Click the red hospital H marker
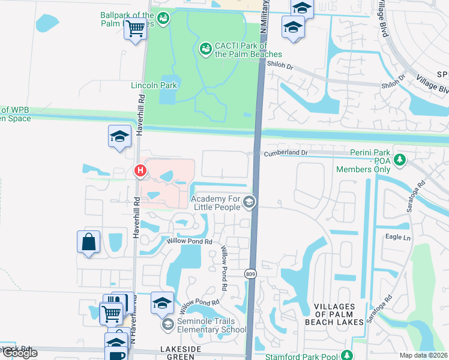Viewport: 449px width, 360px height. point(140,172)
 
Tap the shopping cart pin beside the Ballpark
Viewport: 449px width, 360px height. point(136,27)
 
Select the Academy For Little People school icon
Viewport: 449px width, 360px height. point(249,203)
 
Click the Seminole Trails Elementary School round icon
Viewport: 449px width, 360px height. point(167,325)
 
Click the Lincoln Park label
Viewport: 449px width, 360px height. point(154,85)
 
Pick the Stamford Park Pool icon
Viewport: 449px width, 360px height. point(346,356)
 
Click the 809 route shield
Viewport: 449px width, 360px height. point(250,274)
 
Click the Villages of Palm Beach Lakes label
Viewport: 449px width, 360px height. point(339,314)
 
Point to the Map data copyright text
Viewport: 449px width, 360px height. point(424,355)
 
